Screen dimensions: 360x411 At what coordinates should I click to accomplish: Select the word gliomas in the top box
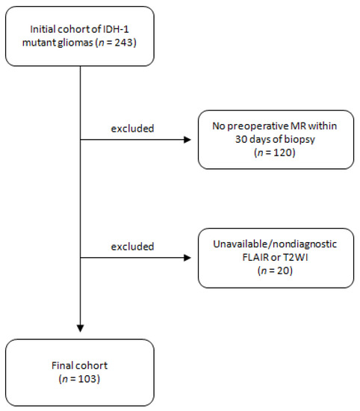[75, 43]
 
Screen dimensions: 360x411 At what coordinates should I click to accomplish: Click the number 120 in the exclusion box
[283, 152]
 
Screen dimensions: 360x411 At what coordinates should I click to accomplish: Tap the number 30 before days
[240, 139]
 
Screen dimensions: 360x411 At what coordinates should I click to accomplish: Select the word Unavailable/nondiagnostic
[275, 244]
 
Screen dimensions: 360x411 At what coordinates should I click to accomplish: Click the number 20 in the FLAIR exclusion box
[283, 271]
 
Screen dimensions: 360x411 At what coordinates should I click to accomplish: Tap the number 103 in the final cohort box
[88, 379]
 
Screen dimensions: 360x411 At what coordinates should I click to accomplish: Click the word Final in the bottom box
[61, 365]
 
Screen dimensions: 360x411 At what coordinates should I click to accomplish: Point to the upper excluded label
[132, 129]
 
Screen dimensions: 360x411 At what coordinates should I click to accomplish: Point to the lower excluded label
[132, 247]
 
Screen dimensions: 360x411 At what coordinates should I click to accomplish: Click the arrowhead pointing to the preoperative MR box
[187, 140]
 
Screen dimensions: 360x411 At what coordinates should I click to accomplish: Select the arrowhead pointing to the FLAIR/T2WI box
[187, 258]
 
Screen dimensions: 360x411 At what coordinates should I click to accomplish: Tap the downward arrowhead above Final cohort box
[80, 329]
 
